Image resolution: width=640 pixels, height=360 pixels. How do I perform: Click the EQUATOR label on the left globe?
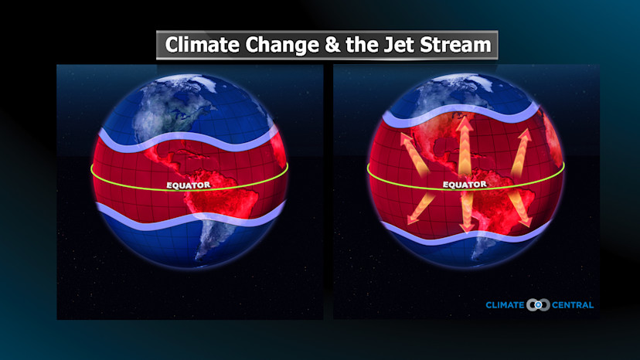pyautogui.click(x=189, y=185)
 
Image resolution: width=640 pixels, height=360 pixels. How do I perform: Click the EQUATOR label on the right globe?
pyautogui.click(x=465, y=185)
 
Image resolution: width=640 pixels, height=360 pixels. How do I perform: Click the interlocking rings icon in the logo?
pyautogui.click(x=538, y=305)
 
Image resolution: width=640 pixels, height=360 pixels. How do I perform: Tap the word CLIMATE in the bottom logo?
pyautogui.click(x=506, y=305)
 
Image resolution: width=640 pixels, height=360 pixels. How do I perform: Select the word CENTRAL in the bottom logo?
pyautogui.click(x=572, y=305)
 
